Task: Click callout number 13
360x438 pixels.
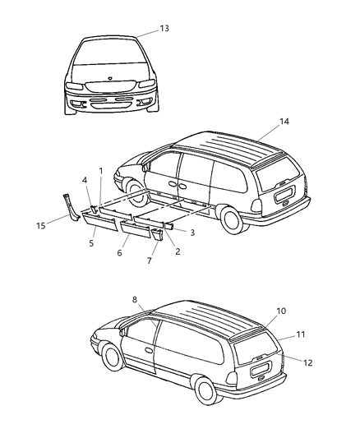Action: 164,29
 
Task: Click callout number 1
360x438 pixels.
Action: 100,170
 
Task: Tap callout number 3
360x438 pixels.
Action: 192,233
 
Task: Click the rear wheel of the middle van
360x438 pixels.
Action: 233,219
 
